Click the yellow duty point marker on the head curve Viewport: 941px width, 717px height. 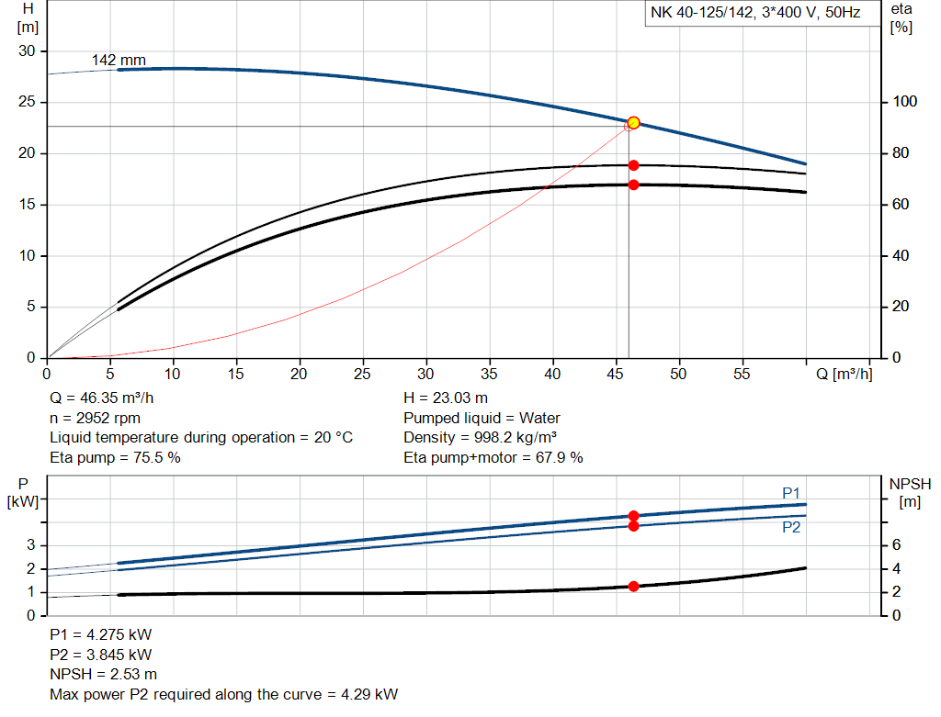click(633, 123)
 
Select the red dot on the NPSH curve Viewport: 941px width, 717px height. click(633, 586)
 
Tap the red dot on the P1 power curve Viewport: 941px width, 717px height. click(633, 516)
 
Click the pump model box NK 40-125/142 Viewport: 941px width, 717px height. click(755, 14)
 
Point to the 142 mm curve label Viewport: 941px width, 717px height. click(119, 61)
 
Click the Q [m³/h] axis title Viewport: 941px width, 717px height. click(844, 375)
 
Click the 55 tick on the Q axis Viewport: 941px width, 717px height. click(742, 375)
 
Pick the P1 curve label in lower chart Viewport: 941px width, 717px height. click(791, 494)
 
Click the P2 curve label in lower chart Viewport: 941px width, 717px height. click(791, 528)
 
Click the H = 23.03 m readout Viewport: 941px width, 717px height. click(446, 398)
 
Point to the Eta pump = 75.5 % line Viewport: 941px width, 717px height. click(115, 457)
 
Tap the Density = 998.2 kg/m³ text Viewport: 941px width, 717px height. click(481, 438)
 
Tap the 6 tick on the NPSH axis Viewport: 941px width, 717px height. click(898, 545)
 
